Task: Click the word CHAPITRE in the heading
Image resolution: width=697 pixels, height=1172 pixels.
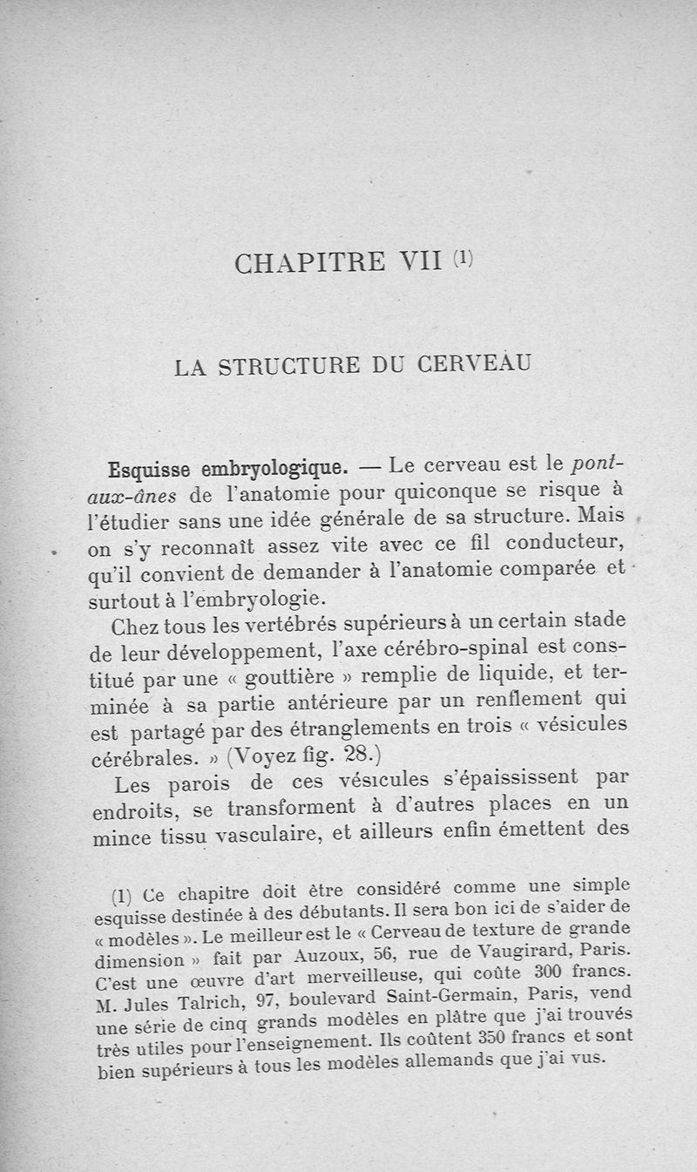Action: [310, 263]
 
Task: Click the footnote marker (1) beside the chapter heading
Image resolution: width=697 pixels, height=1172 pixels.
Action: [464, 258]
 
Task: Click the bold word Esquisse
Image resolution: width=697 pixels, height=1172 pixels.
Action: [150, 471]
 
